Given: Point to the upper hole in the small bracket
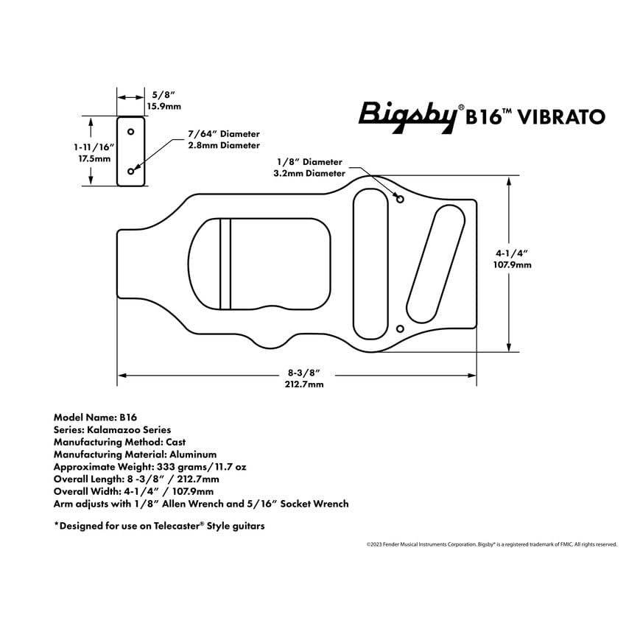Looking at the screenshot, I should (131, 132).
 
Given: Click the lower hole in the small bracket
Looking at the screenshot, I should (131, 171).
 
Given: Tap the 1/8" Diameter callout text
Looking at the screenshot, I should (310, 161).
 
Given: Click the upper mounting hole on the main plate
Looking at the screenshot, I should (401, 199).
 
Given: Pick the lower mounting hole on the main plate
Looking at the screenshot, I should (401, 328).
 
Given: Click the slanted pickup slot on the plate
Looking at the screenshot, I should (434, 264).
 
